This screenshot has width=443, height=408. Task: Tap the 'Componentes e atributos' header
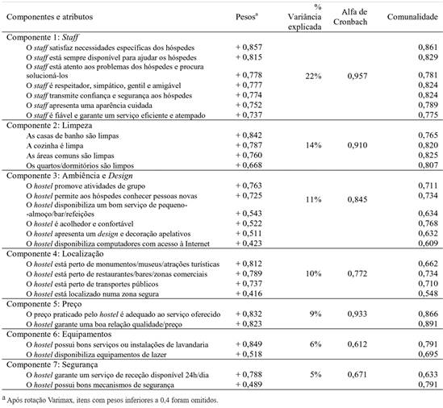click(53, 16)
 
